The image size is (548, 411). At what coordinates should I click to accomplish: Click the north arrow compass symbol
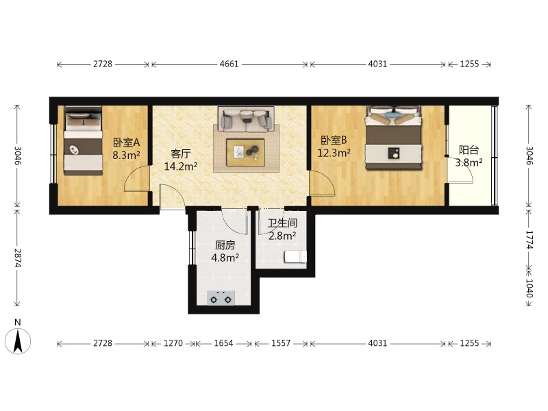(18, 340)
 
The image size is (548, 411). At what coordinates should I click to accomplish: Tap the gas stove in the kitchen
(221, 298)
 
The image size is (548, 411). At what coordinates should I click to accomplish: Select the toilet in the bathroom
(295, 257)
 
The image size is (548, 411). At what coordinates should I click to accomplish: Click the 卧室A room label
(126, 142)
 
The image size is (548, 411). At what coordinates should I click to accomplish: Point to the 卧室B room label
(334, 140)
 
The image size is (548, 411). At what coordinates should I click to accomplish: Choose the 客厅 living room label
(181, 153)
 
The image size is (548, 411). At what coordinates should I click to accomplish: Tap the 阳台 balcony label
(469, 150)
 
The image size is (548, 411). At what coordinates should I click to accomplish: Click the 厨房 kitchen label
(225, 245)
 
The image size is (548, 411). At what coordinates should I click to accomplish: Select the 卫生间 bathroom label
(282, 223)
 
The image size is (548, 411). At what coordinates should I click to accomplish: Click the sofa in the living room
(246, 119)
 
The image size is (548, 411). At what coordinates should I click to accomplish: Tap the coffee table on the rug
(245, 152)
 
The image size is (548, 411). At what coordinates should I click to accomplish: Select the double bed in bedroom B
(393, 138)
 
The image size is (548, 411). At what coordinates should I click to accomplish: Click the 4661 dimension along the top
(229, 64)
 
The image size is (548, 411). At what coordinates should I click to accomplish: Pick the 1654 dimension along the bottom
(224, 343)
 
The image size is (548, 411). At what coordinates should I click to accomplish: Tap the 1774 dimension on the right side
(530, 240)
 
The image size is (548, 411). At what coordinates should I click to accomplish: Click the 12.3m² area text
(334, 153)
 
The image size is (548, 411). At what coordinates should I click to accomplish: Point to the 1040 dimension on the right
(530, 288)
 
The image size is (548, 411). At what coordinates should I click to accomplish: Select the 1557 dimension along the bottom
(281, 343)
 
